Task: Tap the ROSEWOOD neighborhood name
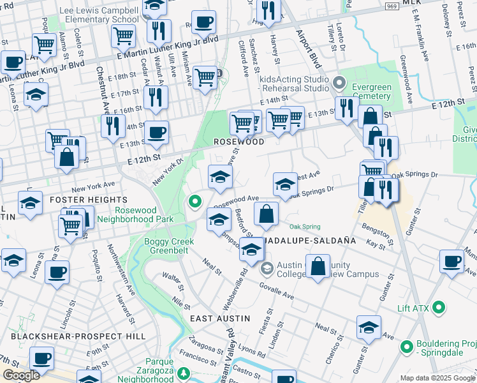(238, 142)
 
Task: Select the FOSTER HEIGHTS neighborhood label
(80, 200)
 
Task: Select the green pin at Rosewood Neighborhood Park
(195, 202)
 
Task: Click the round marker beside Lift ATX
(438, 308)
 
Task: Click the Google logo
(21, 375)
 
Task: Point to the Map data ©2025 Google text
(436, 378)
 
